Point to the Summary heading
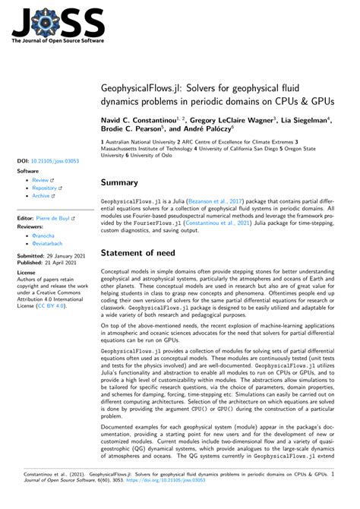click(119, 182)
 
